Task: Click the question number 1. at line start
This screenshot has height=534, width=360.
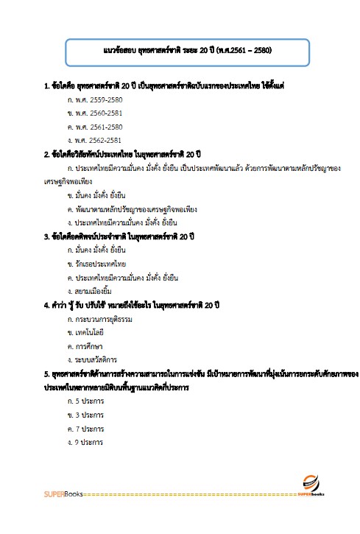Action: [x=46, y=85]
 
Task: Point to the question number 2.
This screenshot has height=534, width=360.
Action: [x=46, y=153]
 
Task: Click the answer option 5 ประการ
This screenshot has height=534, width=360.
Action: [x=84, y=401]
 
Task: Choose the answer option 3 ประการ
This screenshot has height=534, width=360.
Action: [x=84, y=415]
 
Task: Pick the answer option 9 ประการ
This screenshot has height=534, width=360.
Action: [x=84, y=442]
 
